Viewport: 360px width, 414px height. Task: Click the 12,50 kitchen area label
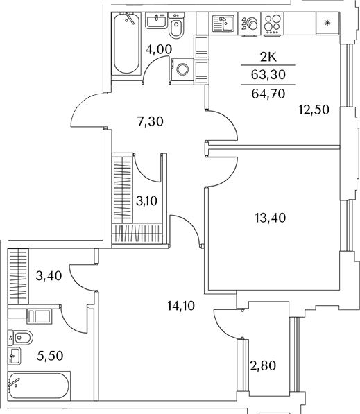(x=314, y=110)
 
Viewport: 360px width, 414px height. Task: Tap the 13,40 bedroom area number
(x=271, y=218)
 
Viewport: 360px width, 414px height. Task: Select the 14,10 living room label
(x=181, y=306)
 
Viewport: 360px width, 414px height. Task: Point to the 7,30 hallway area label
(x=151, y=121)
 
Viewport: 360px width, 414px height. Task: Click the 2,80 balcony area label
(x=263, y=365)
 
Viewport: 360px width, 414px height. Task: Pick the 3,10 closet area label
(x=146, y=201)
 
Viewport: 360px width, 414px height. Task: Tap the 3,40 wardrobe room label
(x=49, y=276)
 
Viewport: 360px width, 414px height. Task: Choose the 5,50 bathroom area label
(x=50, y=356)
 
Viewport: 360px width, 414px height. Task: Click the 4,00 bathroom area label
(x=159, y=49)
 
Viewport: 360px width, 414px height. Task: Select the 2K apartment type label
(x=268, y=57)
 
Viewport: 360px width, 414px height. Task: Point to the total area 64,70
(x=268, y=94)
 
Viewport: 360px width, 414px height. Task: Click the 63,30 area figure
(x=268, y=75)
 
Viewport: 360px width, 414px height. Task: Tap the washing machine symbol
(x=182, y=69)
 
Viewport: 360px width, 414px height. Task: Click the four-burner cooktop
(x=273, y=24)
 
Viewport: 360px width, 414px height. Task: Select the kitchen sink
(x=223, y=24)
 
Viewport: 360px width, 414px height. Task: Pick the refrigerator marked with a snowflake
(x=327, y=24)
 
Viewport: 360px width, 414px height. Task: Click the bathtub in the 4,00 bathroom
(x=126, y=44)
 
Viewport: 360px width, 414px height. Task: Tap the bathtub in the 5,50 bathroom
(x=39, y=386)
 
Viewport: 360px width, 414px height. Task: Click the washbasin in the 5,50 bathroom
(x=15, y=356)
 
